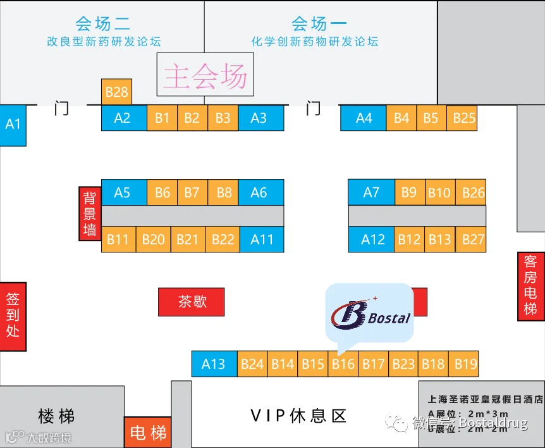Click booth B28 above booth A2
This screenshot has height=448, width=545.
coord(116,92)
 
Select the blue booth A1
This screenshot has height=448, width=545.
coord(13,124)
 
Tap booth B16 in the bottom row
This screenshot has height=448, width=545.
coord(343,364)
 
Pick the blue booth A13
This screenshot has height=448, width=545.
coord(214,364)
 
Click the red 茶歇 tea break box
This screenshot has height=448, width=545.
coord(192,302)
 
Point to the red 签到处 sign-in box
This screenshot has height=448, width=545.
coord(13,315)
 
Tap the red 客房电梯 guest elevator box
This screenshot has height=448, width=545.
coord(530,285)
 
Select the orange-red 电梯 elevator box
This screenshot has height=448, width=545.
coord(148,433)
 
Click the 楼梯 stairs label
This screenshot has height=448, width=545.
coord(56,416)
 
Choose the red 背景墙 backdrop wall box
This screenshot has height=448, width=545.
coord(90,214)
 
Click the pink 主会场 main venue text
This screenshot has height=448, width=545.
coord(205,76)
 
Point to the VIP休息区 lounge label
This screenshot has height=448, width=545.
coord(298,416)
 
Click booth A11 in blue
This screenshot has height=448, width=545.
coord(262,239)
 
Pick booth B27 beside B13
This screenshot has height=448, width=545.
coord(473,239)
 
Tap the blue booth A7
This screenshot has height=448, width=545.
coord(371,192)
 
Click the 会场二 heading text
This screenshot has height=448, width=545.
coord(103,24)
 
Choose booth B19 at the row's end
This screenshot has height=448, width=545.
coord(465,364)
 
